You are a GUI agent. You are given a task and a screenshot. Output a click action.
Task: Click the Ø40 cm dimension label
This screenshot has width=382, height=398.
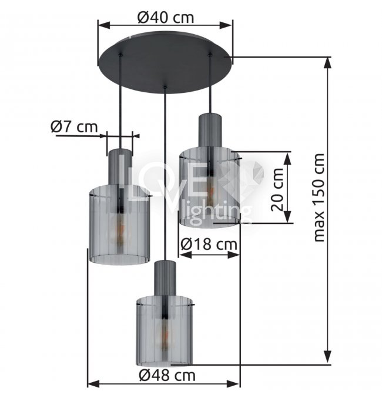pyautogui.click(x=166, y=17)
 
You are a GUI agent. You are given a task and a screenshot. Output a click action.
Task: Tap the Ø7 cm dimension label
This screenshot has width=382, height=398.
pyautogui.click(x=74, y=126)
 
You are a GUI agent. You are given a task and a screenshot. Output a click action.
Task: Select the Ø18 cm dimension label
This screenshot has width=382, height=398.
pyautogui.click(x=209, y=245)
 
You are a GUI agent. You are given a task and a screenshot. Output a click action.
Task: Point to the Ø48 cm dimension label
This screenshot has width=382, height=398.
pyautogui.click(x=167, y=375)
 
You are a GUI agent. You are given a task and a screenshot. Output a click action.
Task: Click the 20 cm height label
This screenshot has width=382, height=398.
pyautogui.click(x=277, y=189)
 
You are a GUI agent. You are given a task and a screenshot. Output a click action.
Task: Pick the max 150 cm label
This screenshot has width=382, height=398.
pyautogui.click(x=319, y=198)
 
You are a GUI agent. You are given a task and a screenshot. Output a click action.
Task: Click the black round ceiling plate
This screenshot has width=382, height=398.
pyautogui.click(x=165, y=62)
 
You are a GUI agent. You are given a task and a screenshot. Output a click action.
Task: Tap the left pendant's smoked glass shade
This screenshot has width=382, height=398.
pyautogui.click(x=119, y=225)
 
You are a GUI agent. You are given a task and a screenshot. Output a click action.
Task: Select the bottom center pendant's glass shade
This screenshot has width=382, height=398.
pyautogui.click(x=165, y=330)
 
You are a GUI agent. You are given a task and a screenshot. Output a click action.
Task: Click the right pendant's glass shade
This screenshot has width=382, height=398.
pyautogui.click(x=210, y=187)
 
